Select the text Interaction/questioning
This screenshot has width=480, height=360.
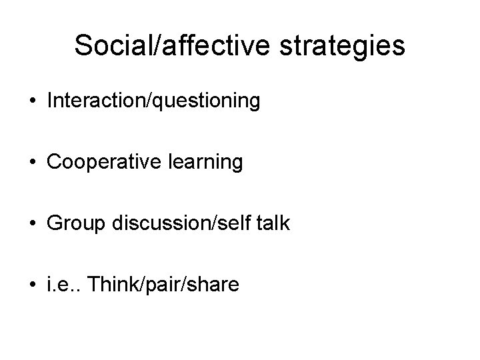153,101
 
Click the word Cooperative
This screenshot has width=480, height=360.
97,162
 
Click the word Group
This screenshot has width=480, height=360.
71,223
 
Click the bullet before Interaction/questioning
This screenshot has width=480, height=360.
33,102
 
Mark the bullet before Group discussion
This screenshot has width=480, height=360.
33,223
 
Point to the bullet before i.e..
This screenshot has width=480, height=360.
33,284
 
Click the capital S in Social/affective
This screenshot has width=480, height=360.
83,46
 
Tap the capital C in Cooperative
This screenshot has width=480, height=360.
55,162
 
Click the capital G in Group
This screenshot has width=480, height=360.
55,223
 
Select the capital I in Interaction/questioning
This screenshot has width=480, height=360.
50,101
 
